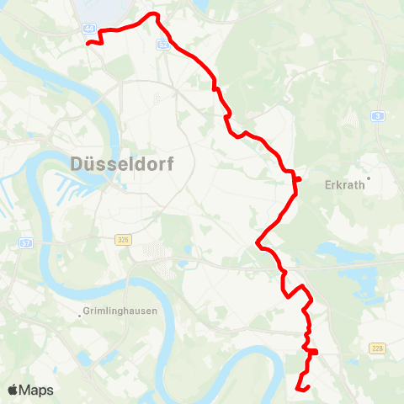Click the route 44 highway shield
click(x=90, y=28)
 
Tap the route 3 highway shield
click(x=380, y=115)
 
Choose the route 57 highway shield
click(x=25, y=242)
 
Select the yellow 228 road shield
click(x=376, y=348)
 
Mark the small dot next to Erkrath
click(x=368, y=177)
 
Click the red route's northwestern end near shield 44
click(x=88, y=42)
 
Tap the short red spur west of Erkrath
click(x=298, y=178)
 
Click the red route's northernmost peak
click(x=152, y=14)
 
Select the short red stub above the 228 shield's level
click(x=314, y=350)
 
